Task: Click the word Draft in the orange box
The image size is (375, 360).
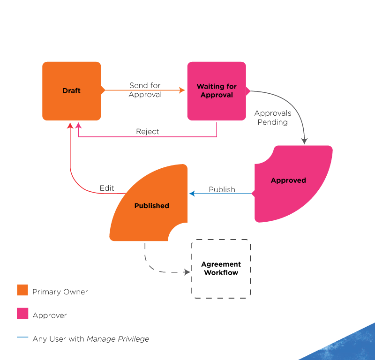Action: pyautogui.click(x=72, y=90)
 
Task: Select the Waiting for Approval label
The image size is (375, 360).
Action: pyautogui.click(x=217, y=90)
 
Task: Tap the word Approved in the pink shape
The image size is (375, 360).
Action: pyautogui.click(x=288, y=180)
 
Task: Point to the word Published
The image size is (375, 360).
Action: pyautogui.click(x=151, y=206)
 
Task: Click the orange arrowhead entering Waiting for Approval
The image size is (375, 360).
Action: pyautogui.click(x=182, y=90)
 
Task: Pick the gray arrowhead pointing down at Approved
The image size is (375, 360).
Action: pyautogui.click(x=304, y=141)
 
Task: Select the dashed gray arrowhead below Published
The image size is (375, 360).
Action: pyautogui.click(x=187, y=272)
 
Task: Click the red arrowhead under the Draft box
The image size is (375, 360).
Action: pyautogui.click(x=70, y=125)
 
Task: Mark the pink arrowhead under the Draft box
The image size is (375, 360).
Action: pyautogui.click(x=78, y=125)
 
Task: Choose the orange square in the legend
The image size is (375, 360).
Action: pyautogui.click(x=22, y=290)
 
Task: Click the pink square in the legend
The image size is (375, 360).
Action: pyautogui.click(x=22, y=313)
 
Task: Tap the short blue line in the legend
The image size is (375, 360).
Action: pyautogui.click(x=22, y=337)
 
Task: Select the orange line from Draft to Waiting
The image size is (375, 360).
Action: pyautogui.click(x=141, y=90)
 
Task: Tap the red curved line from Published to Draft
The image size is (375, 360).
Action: pyautogui.click(x=75, y=180)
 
